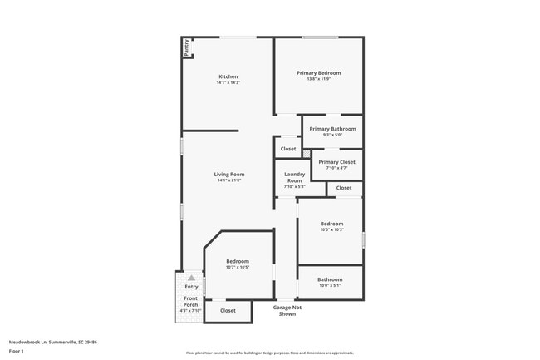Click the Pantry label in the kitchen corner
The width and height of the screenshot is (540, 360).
(x=187, y=48)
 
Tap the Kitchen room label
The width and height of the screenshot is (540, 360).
(x=228, y=76)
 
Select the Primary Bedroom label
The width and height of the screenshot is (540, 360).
(x=319, y=73)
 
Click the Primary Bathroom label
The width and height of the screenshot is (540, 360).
(x=332, y=129)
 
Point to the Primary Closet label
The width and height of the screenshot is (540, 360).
(x=336, y=162)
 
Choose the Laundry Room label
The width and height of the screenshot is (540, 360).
(x=295, y=177)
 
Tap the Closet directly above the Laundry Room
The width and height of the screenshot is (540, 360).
(x=288, y=149)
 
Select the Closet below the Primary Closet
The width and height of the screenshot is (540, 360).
(x=344, y=189)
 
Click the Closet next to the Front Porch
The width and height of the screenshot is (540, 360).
(x=228, y=311)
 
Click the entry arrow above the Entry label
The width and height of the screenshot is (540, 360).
(x=191, y=278)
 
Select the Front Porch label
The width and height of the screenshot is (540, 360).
(x=191, y=301)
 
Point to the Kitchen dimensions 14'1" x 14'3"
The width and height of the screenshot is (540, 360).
(x=228, y=83)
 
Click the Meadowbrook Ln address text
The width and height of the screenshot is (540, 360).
(x=53, y=341)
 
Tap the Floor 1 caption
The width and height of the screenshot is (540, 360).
(x=17, y=351)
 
